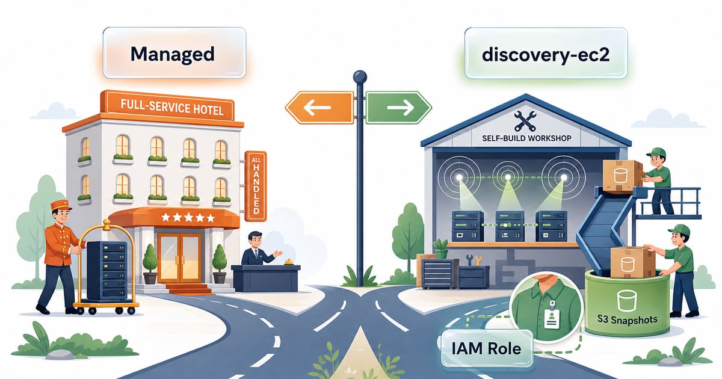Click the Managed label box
(174, 53)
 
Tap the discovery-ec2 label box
(546, 54)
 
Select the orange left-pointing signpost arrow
(319, 108)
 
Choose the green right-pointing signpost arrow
(399, 108)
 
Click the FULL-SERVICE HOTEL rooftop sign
(170, 107)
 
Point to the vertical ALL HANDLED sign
(256, 186)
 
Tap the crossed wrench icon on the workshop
(525, 121)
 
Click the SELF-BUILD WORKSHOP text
(526, 138)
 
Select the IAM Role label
(486, 349)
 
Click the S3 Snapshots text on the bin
(627, 319)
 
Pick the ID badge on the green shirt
(552, 315)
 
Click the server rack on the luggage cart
(106, 270)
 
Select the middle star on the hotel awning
(188, 217)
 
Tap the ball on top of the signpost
(360, 78)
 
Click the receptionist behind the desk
(257, 248)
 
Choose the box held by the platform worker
(622, 176)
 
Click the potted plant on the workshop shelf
(440, 248)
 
